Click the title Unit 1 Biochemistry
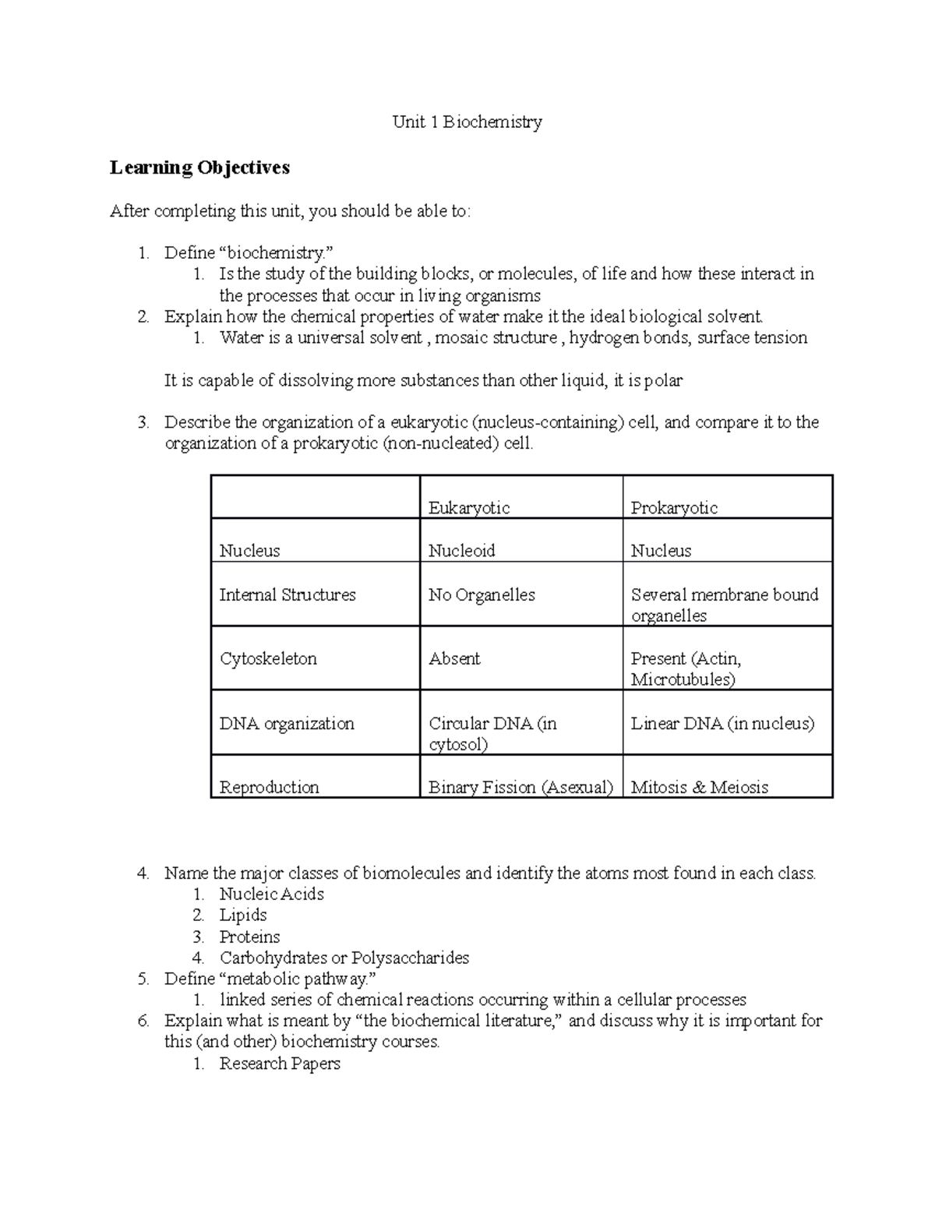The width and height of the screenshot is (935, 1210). tap(467, 122)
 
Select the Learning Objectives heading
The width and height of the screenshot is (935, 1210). tap(199, 168)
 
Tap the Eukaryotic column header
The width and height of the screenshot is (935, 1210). tap(469, 508)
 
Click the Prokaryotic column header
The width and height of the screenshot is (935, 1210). tap(673, 508)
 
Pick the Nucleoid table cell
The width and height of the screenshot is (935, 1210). tap(461, 551)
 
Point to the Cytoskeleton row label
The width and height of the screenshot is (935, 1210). tap(268, 658)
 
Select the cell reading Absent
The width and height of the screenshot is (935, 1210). tap(454, 658)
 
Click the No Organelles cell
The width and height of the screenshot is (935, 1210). tap(482, 594)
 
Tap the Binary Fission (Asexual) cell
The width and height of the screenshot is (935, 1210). tap(520, 787)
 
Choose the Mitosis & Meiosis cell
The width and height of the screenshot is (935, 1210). tap(699, 787)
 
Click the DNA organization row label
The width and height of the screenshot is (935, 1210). tap(287, 723)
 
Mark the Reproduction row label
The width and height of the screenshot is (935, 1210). tap(269, 787)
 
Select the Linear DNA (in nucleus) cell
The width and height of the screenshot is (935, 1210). tap(722, 723)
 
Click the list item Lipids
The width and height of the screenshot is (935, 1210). tap(243, 915)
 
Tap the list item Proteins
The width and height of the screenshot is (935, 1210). tap(249, 937)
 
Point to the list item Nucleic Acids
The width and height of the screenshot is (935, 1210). tap(271, 894)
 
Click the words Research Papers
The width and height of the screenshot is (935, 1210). tap(280, 1064)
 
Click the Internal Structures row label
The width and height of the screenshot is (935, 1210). tap(287, 594)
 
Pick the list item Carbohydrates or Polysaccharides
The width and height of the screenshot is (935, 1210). tap(344, 958)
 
